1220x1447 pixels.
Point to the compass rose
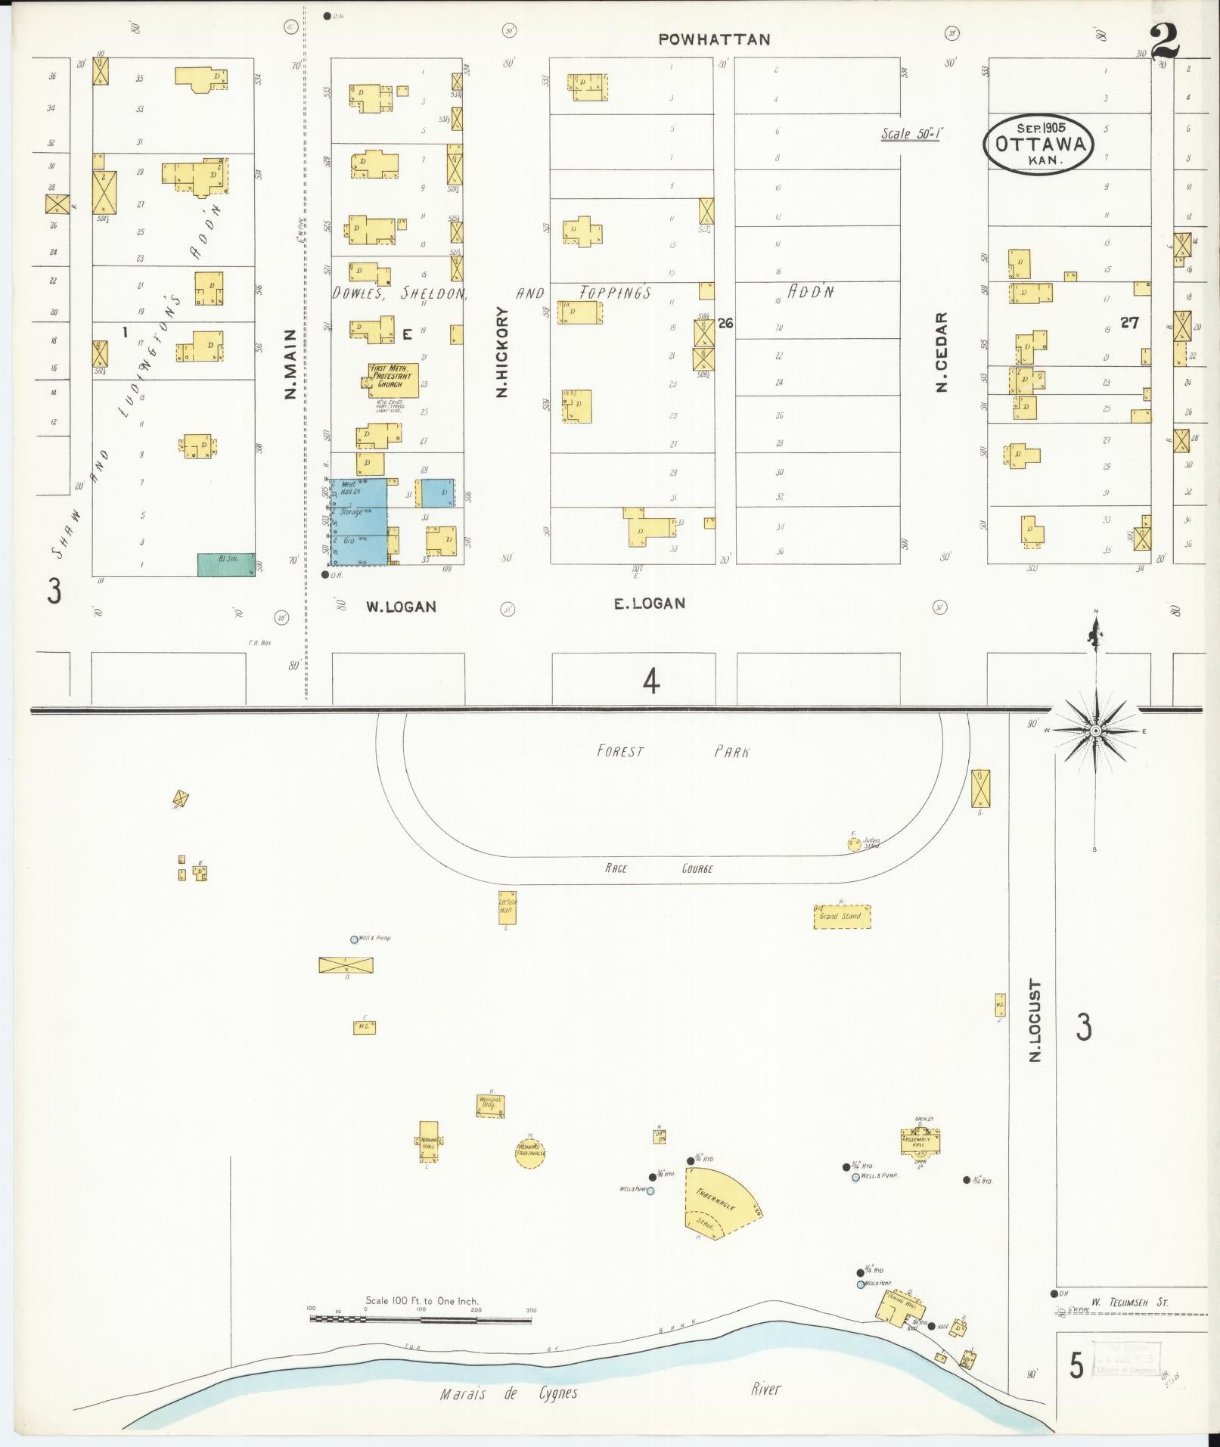tap(1095, 731)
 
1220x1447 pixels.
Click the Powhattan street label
tap(714, 40)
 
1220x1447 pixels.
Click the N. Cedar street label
tap(942, 352)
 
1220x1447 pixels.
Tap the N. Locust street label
tap(1035, 1020)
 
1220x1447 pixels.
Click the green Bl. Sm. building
tap(226, 564)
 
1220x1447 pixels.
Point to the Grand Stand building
tap(841, 916)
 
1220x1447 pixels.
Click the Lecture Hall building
tap(508, 906)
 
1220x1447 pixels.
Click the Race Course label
tap(658, 868)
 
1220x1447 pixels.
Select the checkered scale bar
tap(421, 1320)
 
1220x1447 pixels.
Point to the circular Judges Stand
tap(853, 843)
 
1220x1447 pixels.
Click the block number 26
tap(725, 323)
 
